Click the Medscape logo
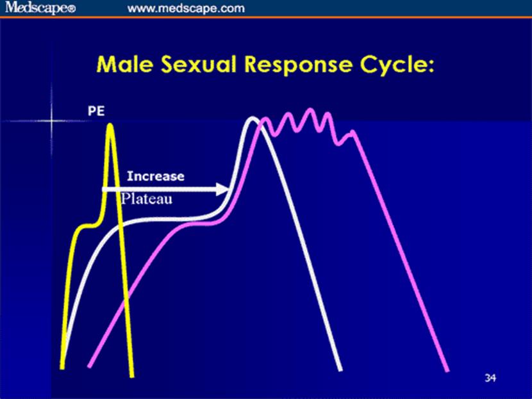(x=40, y=8)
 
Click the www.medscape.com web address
(x=186, y=8)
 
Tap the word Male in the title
(x=124, y=64)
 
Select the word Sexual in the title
(x=199, y=64)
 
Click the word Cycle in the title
(x=393, y=65)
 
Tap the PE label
(x=96, y=111)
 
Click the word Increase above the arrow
(x=156, y=176)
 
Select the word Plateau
(x=147, y=199)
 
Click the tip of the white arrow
(x=229, y=189)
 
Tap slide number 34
(x=490, y=378)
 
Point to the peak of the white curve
(x=253, y=118)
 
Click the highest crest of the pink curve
(x=310, y=109)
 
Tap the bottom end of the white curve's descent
(x=340, y=370)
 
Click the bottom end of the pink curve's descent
(x=447, y=371)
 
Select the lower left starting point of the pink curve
(x=89, y=366)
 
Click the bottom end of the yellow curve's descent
(x=132, y=376)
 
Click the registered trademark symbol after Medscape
(x=72, y=10)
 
